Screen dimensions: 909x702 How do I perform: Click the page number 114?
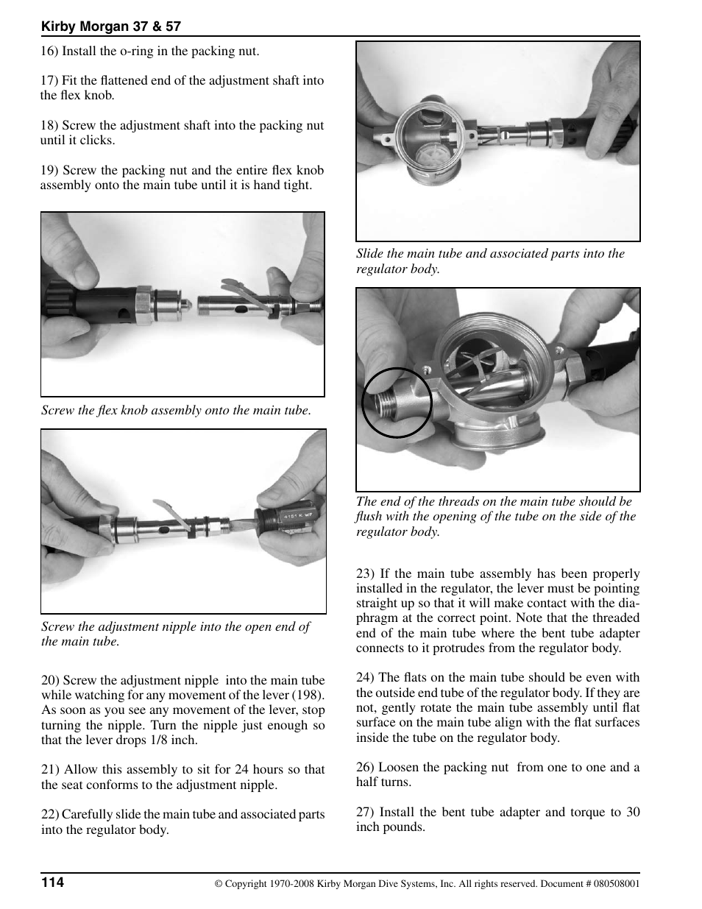tap(52, 883)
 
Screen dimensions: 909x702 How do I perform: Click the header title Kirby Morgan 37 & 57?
tap(110, 26)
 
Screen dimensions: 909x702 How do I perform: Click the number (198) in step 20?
tap(309, 695)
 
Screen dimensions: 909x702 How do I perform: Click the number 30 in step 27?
tap(632, 812)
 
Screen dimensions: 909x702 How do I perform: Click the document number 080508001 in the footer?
tap(614, 883)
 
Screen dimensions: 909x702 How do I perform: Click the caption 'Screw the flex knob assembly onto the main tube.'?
tap(176, 410)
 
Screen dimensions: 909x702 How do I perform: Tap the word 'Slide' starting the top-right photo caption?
tap(369, 253)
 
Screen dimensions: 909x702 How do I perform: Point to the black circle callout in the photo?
tap(397, 403)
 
